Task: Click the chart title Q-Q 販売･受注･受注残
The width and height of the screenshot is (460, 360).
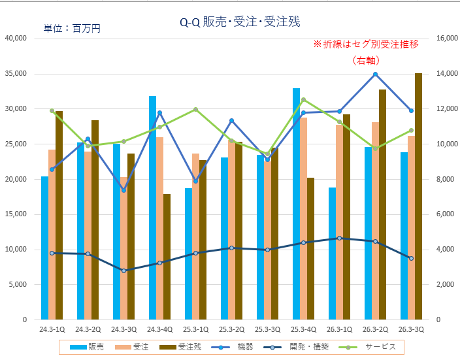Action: point(231,22)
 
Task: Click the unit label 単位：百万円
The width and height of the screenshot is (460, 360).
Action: point(72,29)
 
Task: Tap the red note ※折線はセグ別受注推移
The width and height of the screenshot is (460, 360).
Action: point(366,44)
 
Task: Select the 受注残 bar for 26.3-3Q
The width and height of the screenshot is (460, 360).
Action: point(418,196)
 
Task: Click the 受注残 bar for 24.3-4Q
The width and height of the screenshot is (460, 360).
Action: point(167,257)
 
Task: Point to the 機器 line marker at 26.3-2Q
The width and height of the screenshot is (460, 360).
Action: point(375,74)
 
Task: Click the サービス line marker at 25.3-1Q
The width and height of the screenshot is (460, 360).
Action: point(195,109)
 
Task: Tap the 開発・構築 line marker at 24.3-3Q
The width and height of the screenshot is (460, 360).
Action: point(123,270)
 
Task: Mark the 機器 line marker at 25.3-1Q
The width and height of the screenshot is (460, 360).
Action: point(195,181)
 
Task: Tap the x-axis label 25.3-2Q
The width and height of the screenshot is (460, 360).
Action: point(231,330)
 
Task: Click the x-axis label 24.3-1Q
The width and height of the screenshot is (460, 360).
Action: point(52,330)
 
